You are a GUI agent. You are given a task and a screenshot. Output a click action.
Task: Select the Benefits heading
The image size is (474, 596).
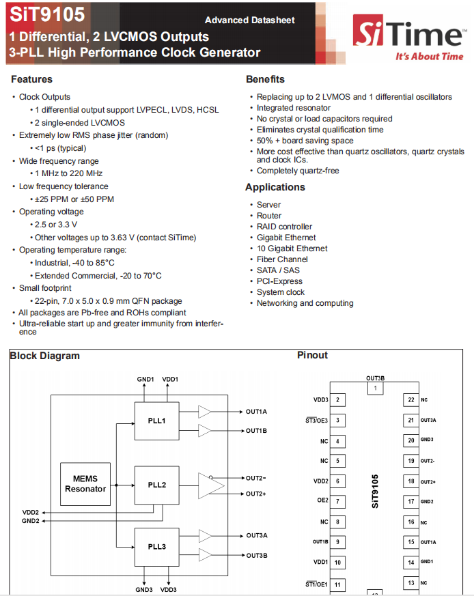(265, 79)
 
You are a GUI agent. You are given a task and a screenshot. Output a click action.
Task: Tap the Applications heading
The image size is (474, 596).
(275, 187)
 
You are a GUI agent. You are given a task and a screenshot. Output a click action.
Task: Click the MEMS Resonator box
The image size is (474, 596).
(85, 483)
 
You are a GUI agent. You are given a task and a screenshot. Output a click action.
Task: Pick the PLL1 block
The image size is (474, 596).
(157, 420)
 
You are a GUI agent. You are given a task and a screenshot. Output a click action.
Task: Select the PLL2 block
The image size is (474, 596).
(157, 485)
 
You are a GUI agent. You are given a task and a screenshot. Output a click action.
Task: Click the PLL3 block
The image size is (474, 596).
(157, 547)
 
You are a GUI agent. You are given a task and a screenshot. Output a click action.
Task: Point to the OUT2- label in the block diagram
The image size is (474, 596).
(256, 478)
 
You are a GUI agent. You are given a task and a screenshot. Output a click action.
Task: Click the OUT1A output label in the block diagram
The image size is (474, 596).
(257, 412)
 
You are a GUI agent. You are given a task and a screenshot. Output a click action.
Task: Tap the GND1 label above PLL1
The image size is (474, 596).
(145, 379)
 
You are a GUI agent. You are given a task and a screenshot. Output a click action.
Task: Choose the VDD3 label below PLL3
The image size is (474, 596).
(169, 589)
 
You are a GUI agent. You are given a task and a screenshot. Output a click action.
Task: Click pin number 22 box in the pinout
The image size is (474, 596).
(410, 400)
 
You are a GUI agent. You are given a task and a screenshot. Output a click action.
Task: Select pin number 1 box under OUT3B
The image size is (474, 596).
(374, 389)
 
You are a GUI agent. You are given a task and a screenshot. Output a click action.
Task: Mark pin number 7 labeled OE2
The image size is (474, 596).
(338, 501)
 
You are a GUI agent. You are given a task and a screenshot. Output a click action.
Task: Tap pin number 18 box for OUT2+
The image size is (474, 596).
(410, 481)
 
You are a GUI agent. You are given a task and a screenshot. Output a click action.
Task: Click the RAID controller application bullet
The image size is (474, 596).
(284, 227)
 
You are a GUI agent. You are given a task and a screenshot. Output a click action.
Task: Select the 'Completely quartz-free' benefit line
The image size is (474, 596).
(298, 171)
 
